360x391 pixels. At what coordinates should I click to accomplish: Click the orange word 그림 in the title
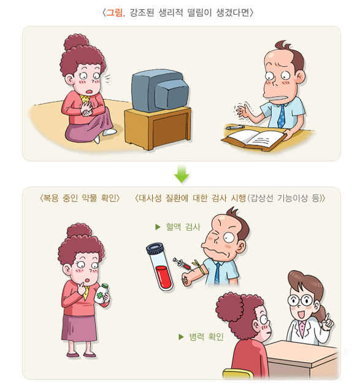(x=114, y=12)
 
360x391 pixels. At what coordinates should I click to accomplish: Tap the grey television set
(x=160, y=90)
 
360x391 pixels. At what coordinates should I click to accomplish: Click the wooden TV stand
(x=158, y=128)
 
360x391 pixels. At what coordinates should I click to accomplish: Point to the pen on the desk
(x=235, y=127)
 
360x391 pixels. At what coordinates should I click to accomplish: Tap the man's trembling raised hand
(x=242, y=110)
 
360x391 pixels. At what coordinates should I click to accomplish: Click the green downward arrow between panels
(x=182, y=174)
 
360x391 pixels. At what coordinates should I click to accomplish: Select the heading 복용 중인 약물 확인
(x=80, y=198)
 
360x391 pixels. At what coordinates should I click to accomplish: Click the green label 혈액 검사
(x=183, y=227)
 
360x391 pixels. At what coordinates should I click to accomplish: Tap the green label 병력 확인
(x=206, y=337)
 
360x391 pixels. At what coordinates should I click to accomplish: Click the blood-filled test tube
(x=160, y=267)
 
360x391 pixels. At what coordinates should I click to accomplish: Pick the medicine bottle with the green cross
(x=102, y=294)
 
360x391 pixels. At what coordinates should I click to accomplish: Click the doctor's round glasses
(x=300, y=300)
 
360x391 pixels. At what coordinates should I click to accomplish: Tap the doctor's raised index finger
(x=327, y=317)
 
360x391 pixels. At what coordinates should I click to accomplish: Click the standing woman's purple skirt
(x=79, y=328)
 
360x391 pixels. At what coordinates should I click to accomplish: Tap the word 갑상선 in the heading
(x=262, y=198)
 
